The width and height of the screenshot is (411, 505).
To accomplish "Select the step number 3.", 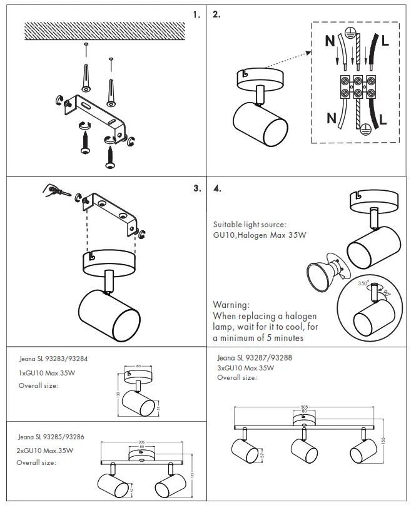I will [196, 188].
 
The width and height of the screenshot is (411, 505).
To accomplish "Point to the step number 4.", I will [217, 188].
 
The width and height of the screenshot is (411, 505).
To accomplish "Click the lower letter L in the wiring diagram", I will [383, 118].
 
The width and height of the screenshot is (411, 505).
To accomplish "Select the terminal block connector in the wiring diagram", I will [354, 86].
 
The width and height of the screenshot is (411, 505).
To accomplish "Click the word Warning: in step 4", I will [231, 305].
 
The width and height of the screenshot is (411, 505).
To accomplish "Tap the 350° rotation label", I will [363, 283].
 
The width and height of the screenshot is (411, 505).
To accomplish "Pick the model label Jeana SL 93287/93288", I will [255, 358].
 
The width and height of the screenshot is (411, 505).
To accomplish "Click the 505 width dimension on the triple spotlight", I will [304, 406].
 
